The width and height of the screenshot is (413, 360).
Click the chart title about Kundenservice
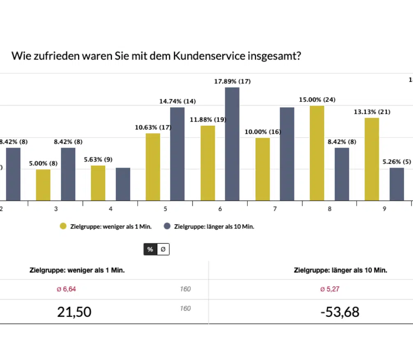click(x=156, y=55)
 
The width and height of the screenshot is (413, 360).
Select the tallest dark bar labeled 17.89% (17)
click(x=232, y=144)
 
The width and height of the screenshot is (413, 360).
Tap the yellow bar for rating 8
click(x=317, y=153)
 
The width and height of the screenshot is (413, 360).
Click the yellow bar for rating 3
click(x=43, y=185)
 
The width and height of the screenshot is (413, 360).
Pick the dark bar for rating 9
click(x=397, y=184)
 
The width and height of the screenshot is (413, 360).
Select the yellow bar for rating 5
click(x=153, y=167)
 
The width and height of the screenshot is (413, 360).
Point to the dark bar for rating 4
click(x=123, y=184)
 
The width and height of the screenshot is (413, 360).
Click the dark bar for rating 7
click(x=287, y=154)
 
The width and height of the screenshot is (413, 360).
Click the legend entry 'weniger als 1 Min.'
click(x=106, y=226)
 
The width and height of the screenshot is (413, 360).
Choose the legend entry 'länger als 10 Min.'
click(x=210, y=226)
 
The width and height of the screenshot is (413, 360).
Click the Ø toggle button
click(x=163, y=249)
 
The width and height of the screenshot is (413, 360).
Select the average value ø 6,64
click(x=67, y=289)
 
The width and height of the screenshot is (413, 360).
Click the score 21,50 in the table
click(x=74, y=312)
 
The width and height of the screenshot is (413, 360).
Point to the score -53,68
click(x=340, y=312)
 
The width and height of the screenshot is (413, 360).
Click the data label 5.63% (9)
click(x=98, y=160)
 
